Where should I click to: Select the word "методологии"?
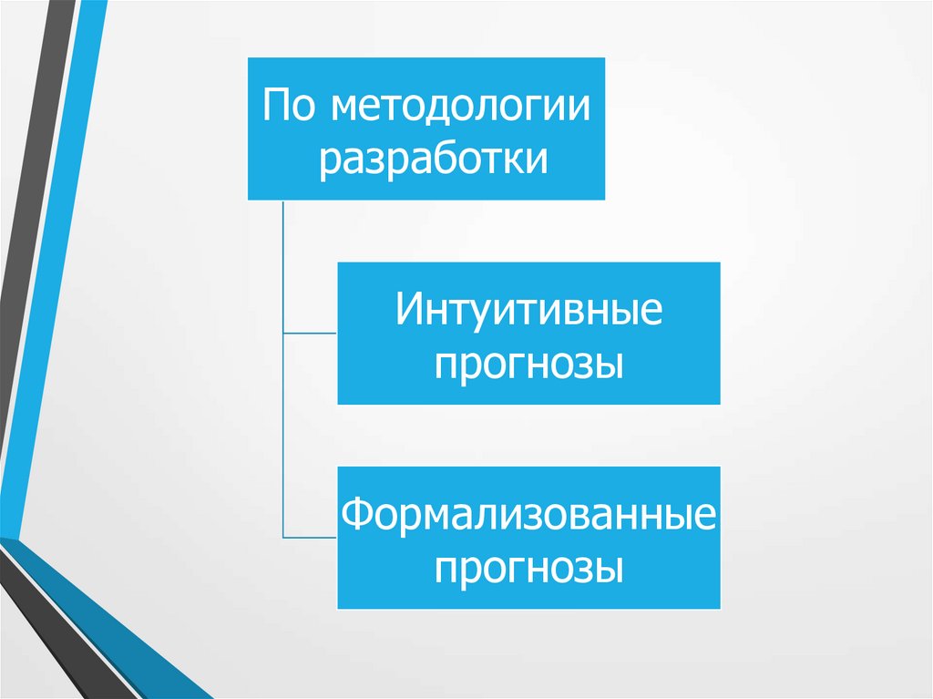(460, 107)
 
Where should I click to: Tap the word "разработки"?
(433, 159)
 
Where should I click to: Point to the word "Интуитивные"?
(528, 312)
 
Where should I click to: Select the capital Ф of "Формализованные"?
(357, 515)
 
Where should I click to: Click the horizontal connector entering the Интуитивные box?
(310, 334)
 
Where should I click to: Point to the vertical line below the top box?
(283, 264)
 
